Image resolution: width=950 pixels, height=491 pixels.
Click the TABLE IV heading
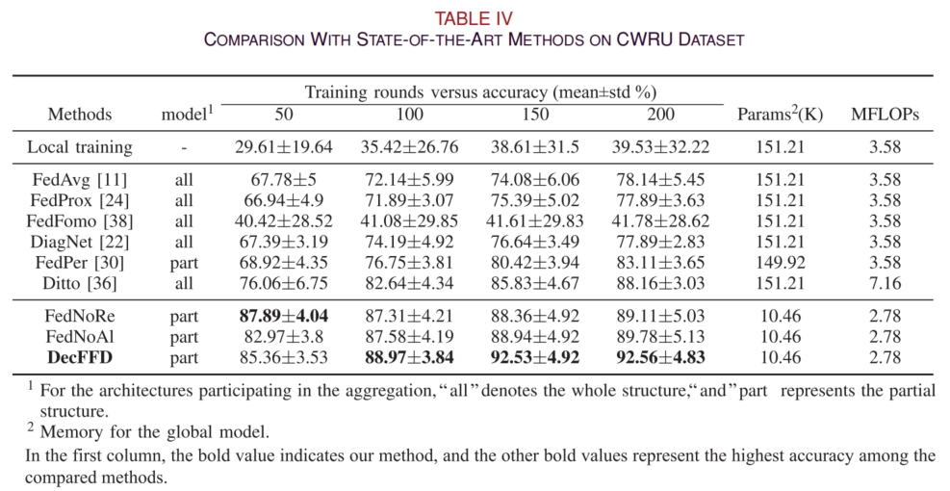pyautogui.click(x=474, y=17)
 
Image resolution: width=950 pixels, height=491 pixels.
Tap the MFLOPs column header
pyautogui.click(x=884, y=114)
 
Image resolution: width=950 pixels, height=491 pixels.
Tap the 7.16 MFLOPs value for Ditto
pyautogui.click(x=884, y=283)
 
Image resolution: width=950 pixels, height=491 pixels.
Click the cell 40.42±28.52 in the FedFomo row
pyautogui.click(x=283, y=221)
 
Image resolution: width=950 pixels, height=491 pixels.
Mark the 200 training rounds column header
pyautogui.click(x=659, y=114)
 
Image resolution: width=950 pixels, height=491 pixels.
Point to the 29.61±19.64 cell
pyautogui.click(x=283, y=148)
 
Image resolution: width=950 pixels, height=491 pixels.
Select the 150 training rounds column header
pyautogui.click(x=533, y=114)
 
